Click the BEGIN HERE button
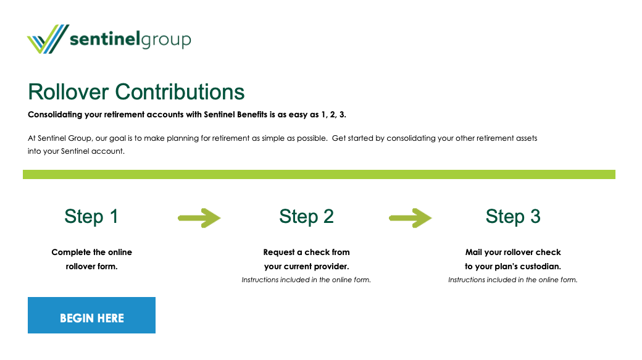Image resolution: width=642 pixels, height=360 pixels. tap(92, 315)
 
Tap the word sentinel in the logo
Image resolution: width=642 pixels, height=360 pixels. tap(105, 39)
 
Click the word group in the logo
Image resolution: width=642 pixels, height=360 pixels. tap(166, 41)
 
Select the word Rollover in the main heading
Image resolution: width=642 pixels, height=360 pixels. tap(69, 92)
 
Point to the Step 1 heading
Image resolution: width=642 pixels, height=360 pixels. tap(91, 216)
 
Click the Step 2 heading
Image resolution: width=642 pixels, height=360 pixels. tap(306, 216)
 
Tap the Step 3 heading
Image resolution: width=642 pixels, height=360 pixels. tap(513, 216)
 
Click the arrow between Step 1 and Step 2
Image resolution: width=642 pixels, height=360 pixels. tap(199, 218)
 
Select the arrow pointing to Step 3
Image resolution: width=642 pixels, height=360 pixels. tap(411, 218)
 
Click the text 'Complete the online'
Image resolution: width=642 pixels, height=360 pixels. tap(92, 253)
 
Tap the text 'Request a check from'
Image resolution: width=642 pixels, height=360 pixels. tap(306, 253)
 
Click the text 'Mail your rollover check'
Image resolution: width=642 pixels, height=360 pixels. tap(513, 253)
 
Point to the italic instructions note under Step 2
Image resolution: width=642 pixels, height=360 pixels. tap(306, 280)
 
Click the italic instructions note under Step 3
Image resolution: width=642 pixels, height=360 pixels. tap(513, 280)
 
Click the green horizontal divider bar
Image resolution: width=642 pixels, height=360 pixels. tap(319, 175)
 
